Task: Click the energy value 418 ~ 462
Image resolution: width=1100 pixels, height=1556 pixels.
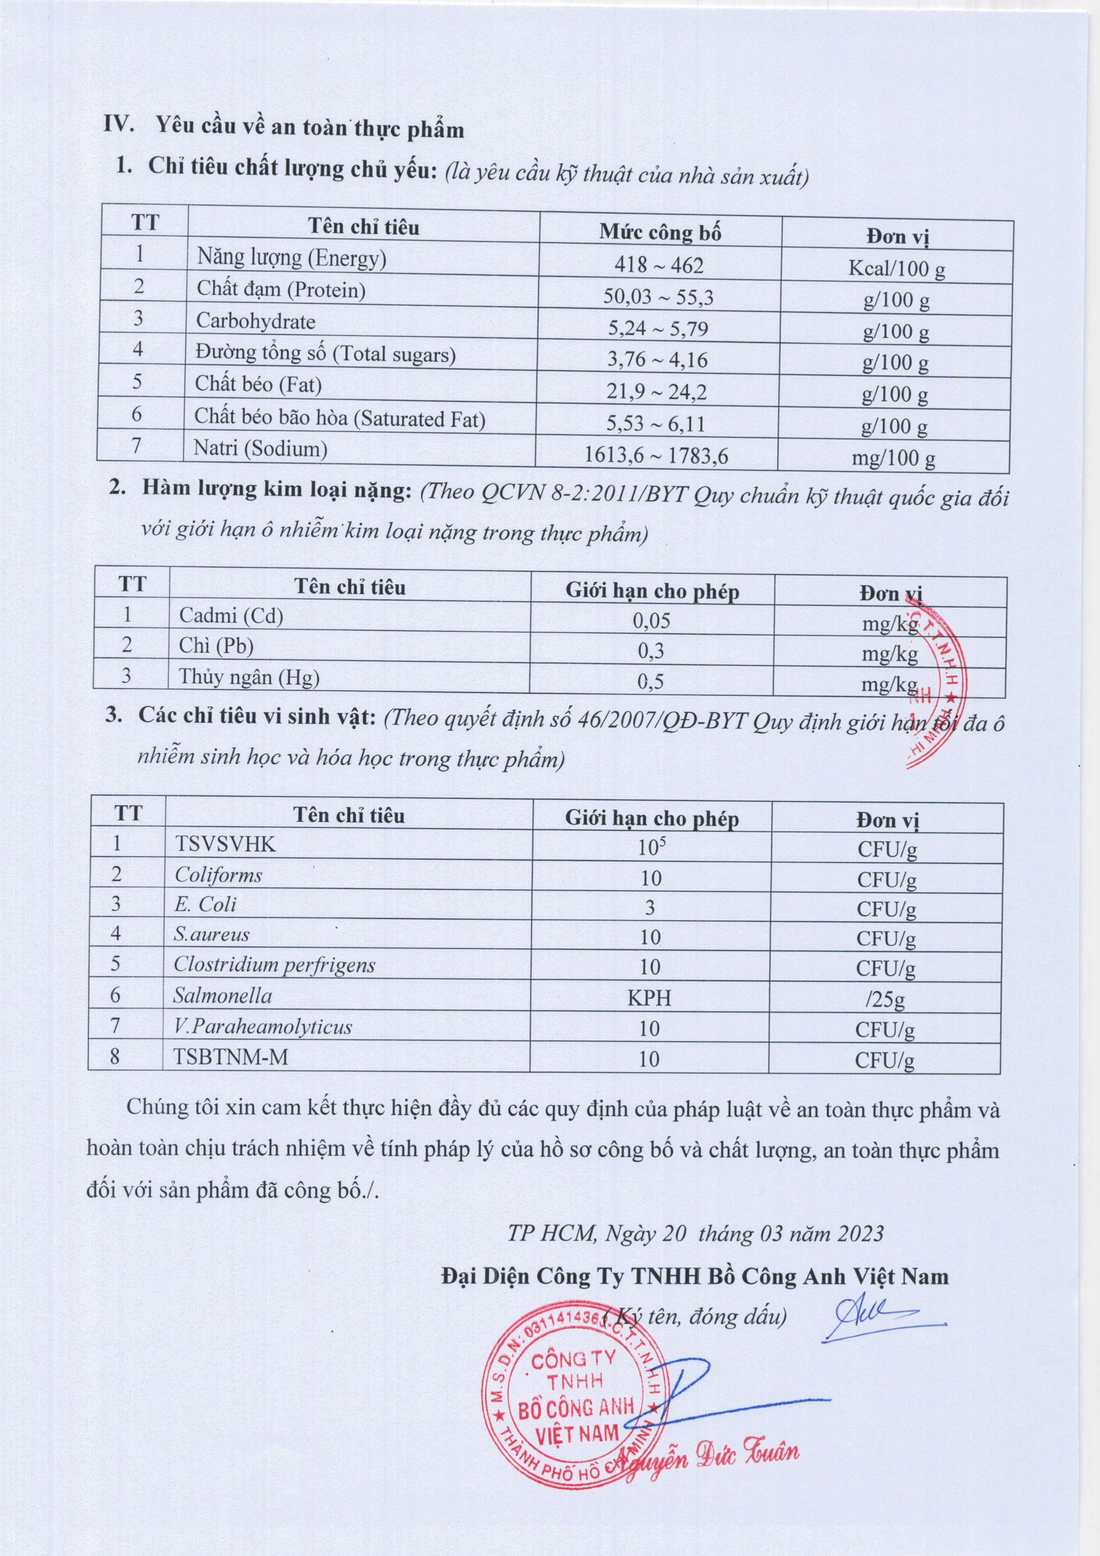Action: pos(659,264)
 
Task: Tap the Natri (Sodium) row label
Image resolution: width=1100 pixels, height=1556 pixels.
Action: pos(260,449)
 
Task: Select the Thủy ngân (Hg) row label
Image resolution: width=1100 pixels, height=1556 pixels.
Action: pos(249,677)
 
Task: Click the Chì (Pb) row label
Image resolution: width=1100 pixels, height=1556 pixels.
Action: pos(216,646)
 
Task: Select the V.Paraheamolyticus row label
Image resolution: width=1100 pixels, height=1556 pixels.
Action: pos(263,1027)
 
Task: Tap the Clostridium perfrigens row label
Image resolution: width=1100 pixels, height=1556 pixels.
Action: pos(274,965)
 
